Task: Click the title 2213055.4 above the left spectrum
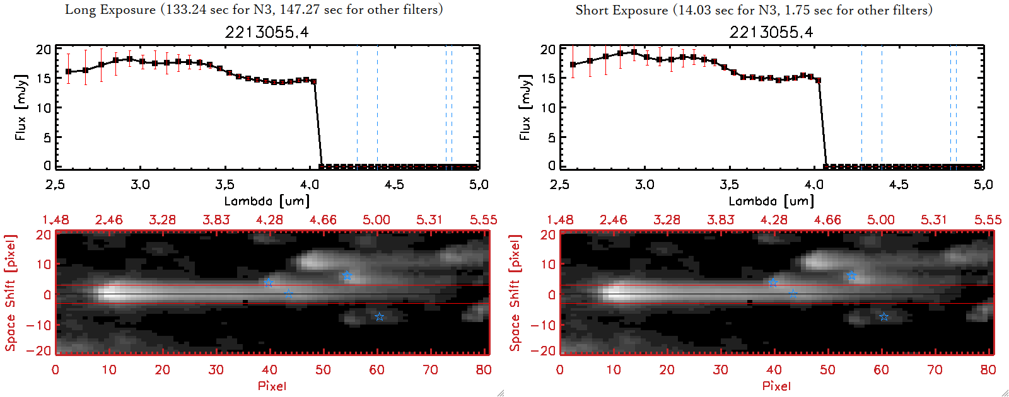click(x=267, y=32)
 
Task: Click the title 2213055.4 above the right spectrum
click(x=771, y=32)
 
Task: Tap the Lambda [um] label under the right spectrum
click(x=771, y=201)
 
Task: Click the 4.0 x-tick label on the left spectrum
click(x=310, y=185)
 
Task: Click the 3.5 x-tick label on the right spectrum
click(x=729, y=185)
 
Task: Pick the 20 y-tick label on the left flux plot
click(x=44, y=50)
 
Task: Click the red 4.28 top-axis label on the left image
click(x=269, y=220)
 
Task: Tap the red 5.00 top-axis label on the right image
click(x=880, y=220)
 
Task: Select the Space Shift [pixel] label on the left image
click(x=10, y=293)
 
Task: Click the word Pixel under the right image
click(x=776, y=386)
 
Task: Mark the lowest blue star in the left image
click(x=379, y=317)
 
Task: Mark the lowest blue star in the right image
click(x=884, y=317)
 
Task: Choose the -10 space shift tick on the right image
click(x=543, y=325)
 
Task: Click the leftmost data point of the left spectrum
click(x=68, y=72)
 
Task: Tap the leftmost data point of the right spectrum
click(x=573, y=65)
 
